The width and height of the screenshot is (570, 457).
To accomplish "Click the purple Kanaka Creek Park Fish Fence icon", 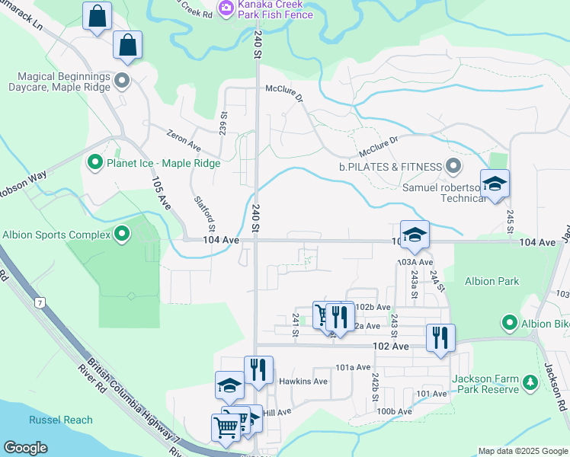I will [x=226, y=8].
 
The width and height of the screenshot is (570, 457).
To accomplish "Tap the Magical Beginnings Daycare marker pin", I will [x=122, y=80].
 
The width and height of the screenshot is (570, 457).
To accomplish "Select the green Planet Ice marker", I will [x=94, y=162].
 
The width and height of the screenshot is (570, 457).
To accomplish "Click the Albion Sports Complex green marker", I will [x=122, y=235].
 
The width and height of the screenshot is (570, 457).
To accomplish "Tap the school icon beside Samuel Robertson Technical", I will [x=495, y=184].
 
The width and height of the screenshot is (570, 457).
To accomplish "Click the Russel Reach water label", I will [x=61, y=420].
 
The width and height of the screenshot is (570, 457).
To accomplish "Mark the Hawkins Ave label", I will [x=303, y=382].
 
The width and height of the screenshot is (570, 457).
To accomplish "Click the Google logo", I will [x=25, y=448].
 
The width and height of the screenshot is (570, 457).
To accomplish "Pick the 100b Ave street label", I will [x=395, y=411].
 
